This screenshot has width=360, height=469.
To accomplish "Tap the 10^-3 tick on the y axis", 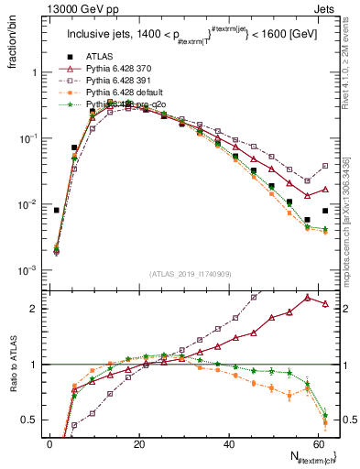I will (29, 270).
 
